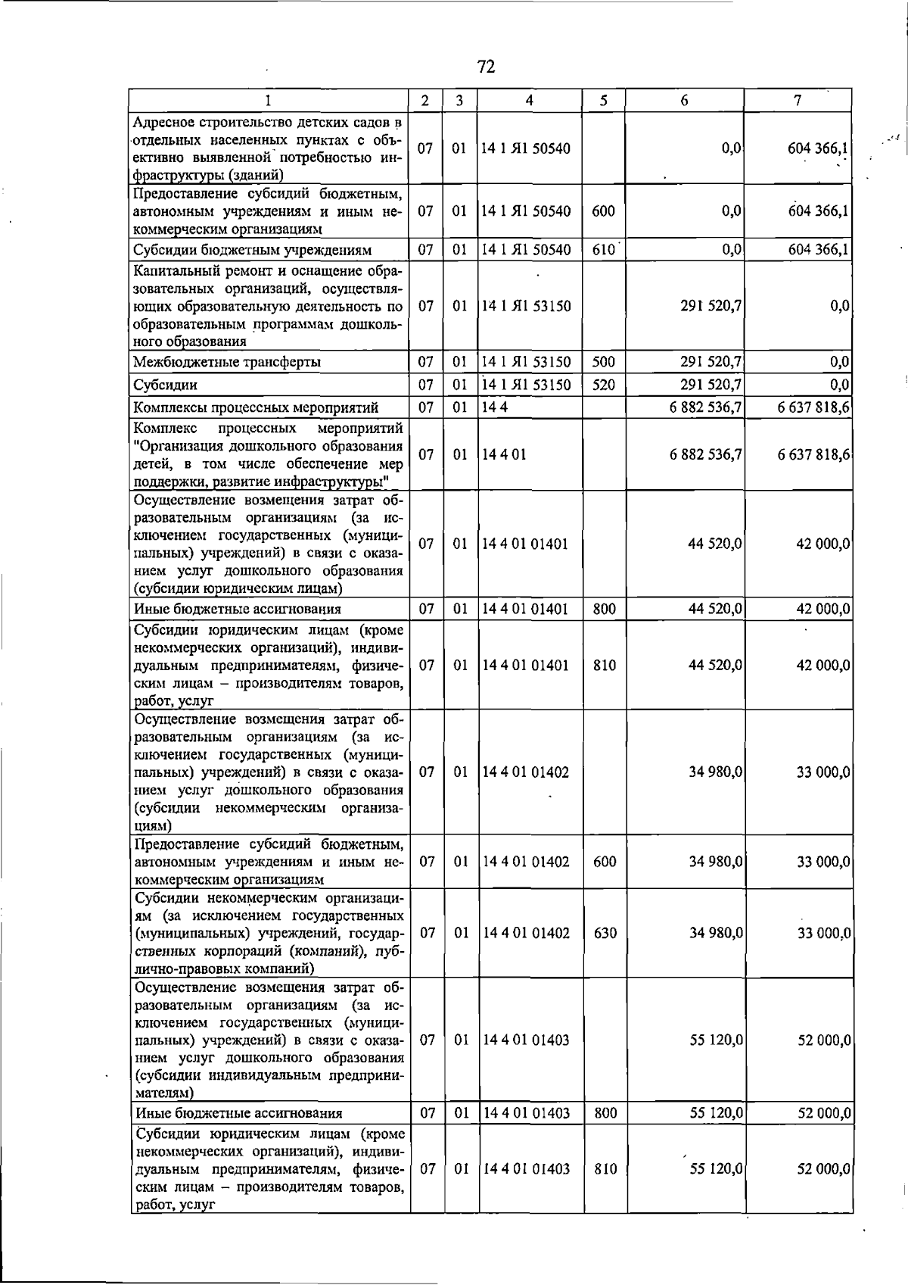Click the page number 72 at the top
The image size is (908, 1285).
(x=487, y=67)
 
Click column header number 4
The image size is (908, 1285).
(x=530, y=101)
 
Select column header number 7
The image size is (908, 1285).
(x=798, y=101)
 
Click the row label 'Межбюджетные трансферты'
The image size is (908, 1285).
(x=227, y=362)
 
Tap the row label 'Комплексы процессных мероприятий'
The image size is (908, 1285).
(x=256, y=407)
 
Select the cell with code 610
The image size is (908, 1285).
(x=603, y=249)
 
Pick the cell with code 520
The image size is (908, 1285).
(x=603, y=385)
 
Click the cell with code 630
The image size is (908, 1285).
(x=605, y=933)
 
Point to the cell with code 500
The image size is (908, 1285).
(x=603, y=362)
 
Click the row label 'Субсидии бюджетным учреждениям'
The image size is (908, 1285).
(x=253, y=249)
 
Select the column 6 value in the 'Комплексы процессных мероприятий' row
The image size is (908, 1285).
(x=705, y=407)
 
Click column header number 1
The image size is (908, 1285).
(x=269, y=101)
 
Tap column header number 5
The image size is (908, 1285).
(x=603, y=101)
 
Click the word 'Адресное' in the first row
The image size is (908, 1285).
(x=163, y=122)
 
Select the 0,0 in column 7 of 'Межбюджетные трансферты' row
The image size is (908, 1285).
(x=839, y=362)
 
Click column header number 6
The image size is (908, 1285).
(x=684, y=101)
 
